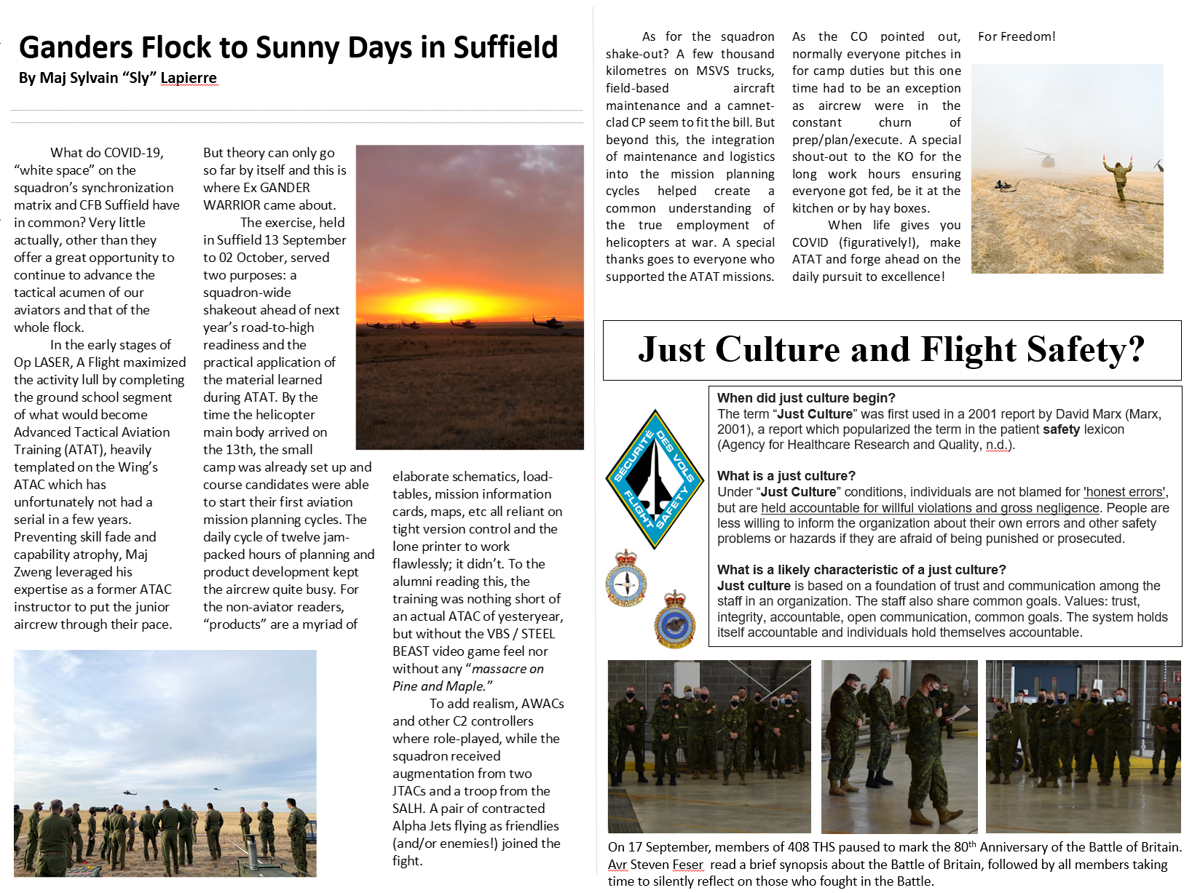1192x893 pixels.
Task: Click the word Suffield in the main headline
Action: [x=505, y=47]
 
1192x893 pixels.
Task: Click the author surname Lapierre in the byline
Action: [x=189, y=78]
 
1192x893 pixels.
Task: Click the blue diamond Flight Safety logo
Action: [x=655, y=478]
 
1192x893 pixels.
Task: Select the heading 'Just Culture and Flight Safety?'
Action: [x=891, y=350]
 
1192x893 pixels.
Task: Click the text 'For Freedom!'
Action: [x=1017, y=36]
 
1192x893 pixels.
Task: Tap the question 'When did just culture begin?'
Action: [x=806, y=398]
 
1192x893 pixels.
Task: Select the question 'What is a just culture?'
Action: [x=786, y=476]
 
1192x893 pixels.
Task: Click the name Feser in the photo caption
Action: [x=687, y=865]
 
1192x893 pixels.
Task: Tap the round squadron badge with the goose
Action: [x=675, y=622]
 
